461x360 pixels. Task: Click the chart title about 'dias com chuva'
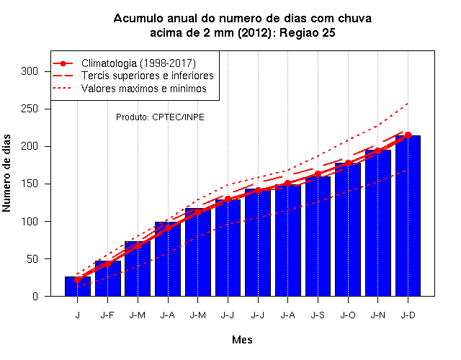pos(242,25)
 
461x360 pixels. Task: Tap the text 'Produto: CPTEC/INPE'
pos(160,117)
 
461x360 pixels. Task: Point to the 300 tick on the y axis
pos(30,71)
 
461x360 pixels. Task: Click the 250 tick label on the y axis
pos(30,109)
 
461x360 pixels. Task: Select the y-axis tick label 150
pos(30,184)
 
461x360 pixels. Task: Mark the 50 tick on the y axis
pos(32,258)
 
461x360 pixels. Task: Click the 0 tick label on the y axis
pos(35,296)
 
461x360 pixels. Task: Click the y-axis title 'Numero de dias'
pos(6,173)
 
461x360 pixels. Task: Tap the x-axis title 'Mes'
pos(242,340)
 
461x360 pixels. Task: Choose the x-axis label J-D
pos(408,315)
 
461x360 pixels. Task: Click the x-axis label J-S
pos(318,315)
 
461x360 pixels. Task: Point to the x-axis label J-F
pos(107,315)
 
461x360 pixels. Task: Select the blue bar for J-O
pos(348,230)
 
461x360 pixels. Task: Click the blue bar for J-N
pos(378,223)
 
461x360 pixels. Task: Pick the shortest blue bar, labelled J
pos(78,287)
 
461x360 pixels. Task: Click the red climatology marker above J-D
pos(408,135)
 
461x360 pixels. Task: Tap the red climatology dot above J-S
pos(318,174)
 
